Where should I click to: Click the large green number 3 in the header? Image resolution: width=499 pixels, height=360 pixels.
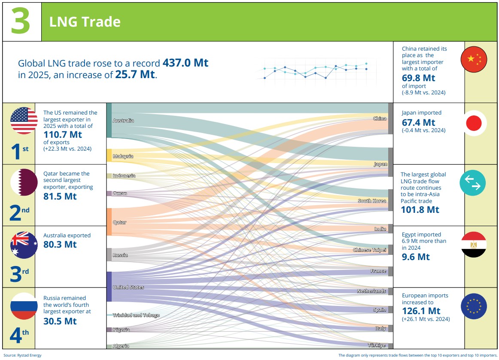point(21,21)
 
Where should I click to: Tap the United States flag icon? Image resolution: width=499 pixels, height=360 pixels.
point(24,121)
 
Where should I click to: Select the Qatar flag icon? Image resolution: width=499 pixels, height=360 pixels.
point(24,182)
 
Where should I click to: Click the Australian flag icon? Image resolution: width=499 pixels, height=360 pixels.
point(24,245)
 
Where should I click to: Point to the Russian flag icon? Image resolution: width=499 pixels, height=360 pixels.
point(24,306)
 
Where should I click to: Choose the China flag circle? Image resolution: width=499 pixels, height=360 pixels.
point(474,59)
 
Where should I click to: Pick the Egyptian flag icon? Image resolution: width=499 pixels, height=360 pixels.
point(474,244)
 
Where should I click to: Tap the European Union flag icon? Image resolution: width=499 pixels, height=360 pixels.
point(474,306)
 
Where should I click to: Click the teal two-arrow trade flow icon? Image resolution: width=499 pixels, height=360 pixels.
point(472,183)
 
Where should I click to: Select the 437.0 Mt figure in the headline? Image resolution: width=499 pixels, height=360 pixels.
point(186,63)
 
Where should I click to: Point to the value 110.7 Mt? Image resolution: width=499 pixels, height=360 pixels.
point(63,135)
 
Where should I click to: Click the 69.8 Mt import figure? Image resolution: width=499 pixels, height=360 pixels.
point(418,78)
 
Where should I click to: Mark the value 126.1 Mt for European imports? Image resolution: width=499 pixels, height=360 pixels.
point(421,311)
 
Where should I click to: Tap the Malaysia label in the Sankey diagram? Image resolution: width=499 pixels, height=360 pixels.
point(123,156)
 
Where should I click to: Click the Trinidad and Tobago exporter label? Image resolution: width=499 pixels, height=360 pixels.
point(136,315)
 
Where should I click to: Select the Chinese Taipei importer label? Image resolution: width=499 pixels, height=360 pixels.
point(369,250)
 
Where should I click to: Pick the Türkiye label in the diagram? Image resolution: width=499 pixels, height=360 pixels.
point(377,345)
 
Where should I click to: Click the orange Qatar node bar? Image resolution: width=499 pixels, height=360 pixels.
point(109,222)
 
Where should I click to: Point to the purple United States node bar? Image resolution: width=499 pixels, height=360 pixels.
point(109,287)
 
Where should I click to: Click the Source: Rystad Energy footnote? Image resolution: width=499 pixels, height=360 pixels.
point(23,355)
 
